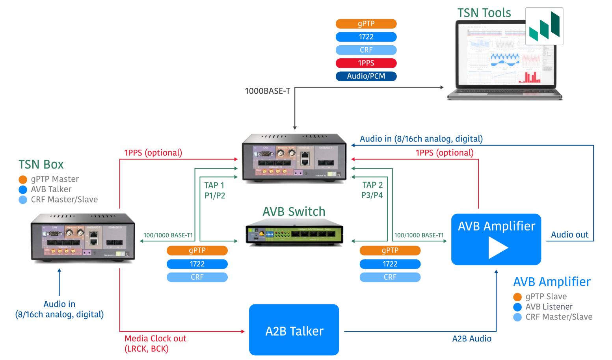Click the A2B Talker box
(294, 330)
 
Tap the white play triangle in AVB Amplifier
(498, 248)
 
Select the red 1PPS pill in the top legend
(366, 63)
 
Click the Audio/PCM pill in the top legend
(366, 76)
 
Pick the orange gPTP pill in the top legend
(366, 24)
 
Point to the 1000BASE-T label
(267, 91)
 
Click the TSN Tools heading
(484, 13)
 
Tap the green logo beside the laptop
(544, 26)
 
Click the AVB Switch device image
(294, 236)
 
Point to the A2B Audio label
(472, 339)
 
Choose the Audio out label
(569, 235)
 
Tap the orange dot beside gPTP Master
(23, 180)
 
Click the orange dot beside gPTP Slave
(517, 297)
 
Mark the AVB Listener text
(549, 307)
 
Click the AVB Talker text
(51, 189)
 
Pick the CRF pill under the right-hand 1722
(390, 277)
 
